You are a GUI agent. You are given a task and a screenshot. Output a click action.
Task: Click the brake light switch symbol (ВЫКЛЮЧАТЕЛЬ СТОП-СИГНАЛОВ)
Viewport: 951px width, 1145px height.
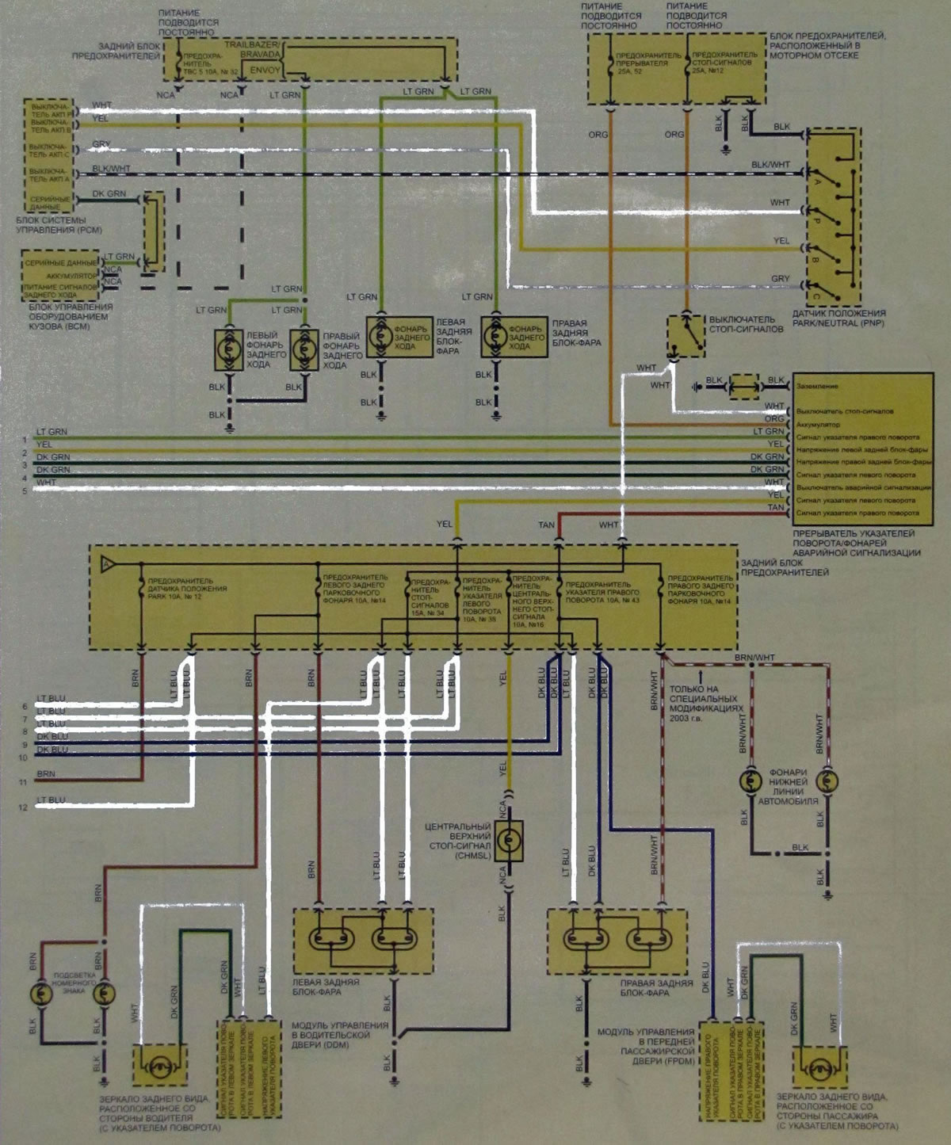[686, 334]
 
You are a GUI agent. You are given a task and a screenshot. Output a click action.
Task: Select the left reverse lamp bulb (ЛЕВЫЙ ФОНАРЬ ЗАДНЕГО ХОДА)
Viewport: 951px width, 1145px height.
[230, 346]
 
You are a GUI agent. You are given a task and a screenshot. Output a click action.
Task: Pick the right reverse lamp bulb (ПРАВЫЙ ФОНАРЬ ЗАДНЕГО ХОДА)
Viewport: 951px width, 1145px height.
[304, 346]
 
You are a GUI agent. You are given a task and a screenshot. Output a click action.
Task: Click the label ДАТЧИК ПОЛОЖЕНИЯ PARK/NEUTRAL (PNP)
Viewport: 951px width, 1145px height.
[839, 319]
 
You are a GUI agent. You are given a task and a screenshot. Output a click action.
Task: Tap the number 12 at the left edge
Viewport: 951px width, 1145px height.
[24, 807]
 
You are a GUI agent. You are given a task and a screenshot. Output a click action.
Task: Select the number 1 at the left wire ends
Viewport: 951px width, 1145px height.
[25, 438]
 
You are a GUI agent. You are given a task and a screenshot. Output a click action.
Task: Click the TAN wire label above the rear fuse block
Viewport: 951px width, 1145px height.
[546, 525]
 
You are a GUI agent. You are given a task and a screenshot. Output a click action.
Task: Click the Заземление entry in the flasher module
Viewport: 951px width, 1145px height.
[817, 386]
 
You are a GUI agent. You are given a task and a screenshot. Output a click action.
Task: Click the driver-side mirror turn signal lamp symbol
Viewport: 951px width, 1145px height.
[159, 1065]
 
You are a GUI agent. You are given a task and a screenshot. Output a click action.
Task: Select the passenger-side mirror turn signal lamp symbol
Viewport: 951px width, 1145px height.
[821, 1069]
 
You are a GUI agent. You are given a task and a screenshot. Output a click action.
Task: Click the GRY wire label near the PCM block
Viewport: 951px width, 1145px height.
[101, 145]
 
